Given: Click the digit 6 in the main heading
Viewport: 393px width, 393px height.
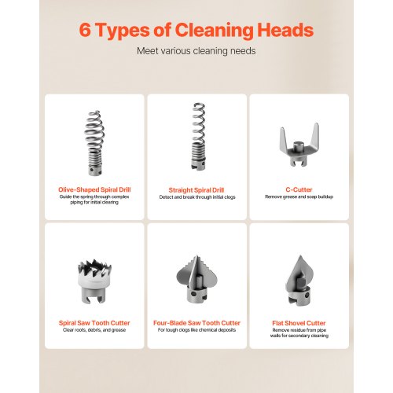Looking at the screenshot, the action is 85,30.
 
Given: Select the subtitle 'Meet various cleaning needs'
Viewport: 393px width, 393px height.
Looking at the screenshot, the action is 196,51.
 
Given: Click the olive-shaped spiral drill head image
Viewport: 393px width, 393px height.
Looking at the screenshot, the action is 94,143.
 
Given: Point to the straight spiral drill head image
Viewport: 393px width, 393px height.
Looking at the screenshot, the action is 198,137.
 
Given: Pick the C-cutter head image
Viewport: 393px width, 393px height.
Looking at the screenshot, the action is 299,145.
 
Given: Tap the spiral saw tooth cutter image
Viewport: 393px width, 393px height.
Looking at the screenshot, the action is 94,281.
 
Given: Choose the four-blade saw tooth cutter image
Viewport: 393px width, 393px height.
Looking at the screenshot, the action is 196,280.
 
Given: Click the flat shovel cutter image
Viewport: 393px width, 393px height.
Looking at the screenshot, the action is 299,280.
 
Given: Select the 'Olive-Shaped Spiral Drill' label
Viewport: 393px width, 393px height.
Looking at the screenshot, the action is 94,189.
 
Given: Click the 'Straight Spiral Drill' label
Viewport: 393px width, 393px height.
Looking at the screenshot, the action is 196,190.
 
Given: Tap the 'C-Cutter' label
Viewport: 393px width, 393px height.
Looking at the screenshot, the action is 299,189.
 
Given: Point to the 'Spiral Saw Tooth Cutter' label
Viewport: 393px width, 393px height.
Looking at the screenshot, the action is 94,323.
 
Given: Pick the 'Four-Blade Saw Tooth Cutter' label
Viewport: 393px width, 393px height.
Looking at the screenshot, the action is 196,323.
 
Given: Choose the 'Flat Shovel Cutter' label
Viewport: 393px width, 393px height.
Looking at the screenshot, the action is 299,323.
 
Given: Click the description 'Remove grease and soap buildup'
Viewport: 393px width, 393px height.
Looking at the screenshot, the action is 299,196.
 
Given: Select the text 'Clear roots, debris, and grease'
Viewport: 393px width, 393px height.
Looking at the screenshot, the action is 94,330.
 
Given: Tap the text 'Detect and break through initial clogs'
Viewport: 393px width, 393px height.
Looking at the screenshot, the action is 197,197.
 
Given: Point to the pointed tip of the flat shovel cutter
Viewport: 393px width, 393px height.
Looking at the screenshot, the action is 300,256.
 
